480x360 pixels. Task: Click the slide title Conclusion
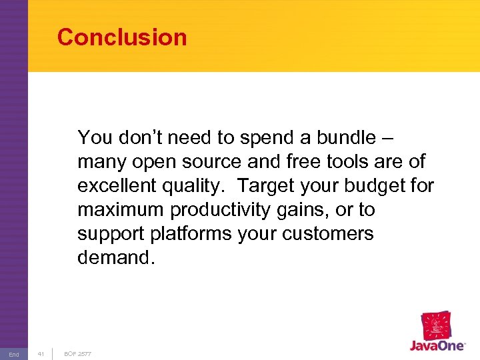pyautogui.click(x=122, y=37)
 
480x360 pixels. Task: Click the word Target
pyautogui.click(x=268, y=186)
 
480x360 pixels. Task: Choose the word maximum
pyautogui.click(x=121, y=210)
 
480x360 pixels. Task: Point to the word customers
pyautogui.click(x=333, y=234)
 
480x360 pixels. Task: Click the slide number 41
pyautogui.click(x=41, y=353)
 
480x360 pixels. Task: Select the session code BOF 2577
pyautogui.click(x=78, y=353)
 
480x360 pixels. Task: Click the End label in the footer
pyautogui.click(x=14, y=354)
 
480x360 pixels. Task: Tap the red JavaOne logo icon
pyautogui.click(x=437, y=326)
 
